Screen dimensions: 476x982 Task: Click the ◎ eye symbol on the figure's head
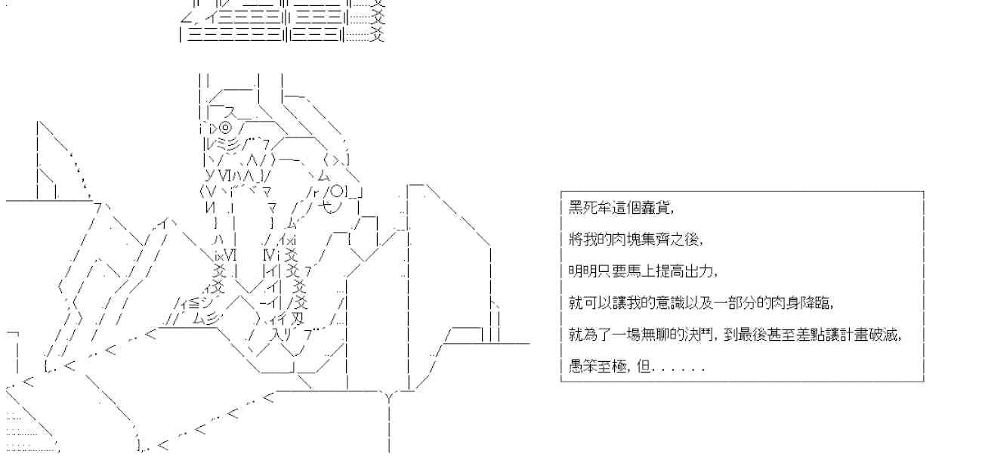pyautogui.click(x=225, y=127)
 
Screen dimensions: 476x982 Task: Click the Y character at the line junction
pyautogui.click(x=389, y=396)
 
